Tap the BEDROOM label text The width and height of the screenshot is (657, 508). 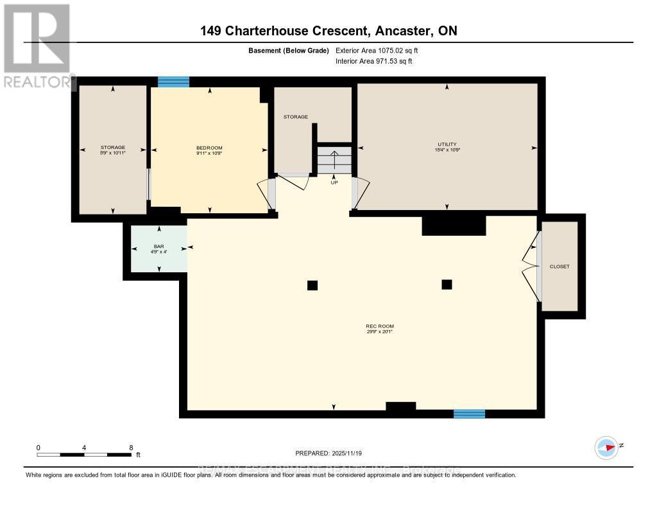[x=209, y=147]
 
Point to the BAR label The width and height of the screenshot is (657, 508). [x=159, y=247]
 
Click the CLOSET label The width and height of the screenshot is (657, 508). [x=559, y=267]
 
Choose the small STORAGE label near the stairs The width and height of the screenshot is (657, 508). [x=296, y=117]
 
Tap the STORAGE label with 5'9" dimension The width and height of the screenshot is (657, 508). [x=113, y=148]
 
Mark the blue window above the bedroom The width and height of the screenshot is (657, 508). [x=173, y=82]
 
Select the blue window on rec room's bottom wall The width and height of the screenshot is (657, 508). [x=469, y=414]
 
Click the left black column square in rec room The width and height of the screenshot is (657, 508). [x=312, y=285]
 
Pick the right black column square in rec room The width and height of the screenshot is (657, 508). [x=447, y=285]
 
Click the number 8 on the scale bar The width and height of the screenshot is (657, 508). [x=131, y=448]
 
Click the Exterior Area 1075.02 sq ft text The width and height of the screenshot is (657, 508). [x=377, y=50]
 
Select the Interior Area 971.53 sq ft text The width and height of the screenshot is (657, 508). [x=374, y=61]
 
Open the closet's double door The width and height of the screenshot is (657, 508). [x=531, y=266]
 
